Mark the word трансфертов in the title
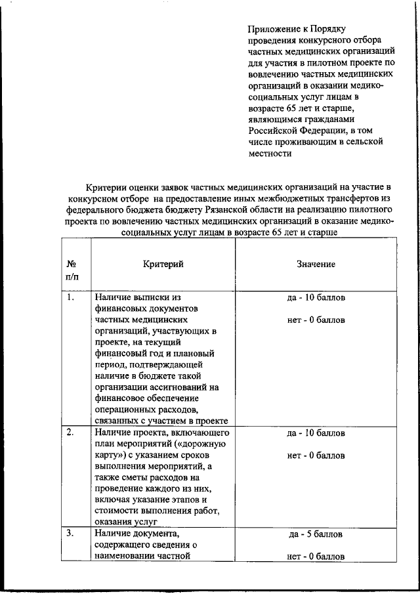[x=347, y=200]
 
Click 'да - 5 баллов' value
[x=316, y=534]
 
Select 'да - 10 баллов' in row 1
[x=316, y=298]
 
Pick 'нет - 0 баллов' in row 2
[x=316, y=455]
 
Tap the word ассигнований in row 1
[x=182, y=387]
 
